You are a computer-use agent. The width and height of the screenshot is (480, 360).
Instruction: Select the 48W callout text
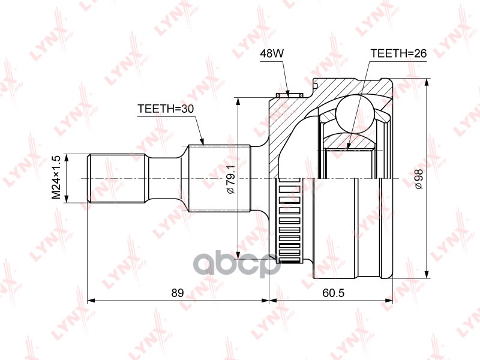(271, 53)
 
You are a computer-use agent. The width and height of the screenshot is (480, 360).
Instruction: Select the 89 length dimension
(177, 293)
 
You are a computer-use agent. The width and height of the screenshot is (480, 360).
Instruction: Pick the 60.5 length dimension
(331, 293)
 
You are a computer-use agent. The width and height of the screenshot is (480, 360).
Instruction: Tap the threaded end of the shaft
(118, 178)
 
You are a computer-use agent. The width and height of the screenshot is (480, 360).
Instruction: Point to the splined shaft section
(220, 178)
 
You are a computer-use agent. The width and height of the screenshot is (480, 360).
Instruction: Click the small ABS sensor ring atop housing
(289, 94)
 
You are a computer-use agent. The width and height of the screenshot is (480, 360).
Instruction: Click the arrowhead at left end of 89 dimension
(91, 300)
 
